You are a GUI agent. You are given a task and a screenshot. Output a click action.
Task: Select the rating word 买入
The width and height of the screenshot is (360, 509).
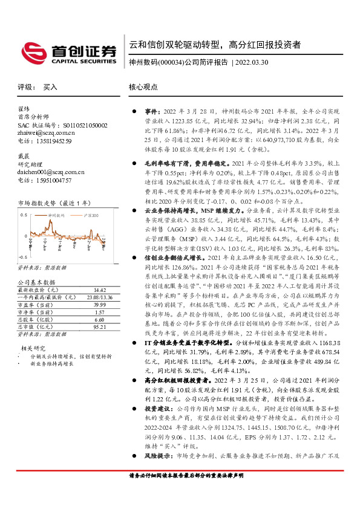click(50, 87)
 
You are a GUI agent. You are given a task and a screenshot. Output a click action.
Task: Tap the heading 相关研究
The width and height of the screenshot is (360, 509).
click(33, 348)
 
